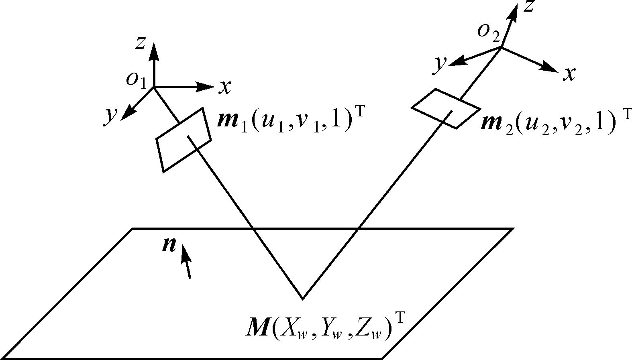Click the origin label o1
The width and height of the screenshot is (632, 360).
pos(135,79)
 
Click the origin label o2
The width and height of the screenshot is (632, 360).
pos(488,32)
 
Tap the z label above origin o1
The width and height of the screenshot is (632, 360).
pos(140,43)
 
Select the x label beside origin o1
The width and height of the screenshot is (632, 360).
pos(225,87)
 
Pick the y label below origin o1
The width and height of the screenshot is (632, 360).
pos(111,116)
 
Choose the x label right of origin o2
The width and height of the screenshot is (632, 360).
pos(569,74)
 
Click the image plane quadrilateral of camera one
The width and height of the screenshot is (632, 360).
pos(183,139)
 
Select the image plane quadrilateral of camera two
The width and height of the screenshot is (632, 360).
pos(446,108)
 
